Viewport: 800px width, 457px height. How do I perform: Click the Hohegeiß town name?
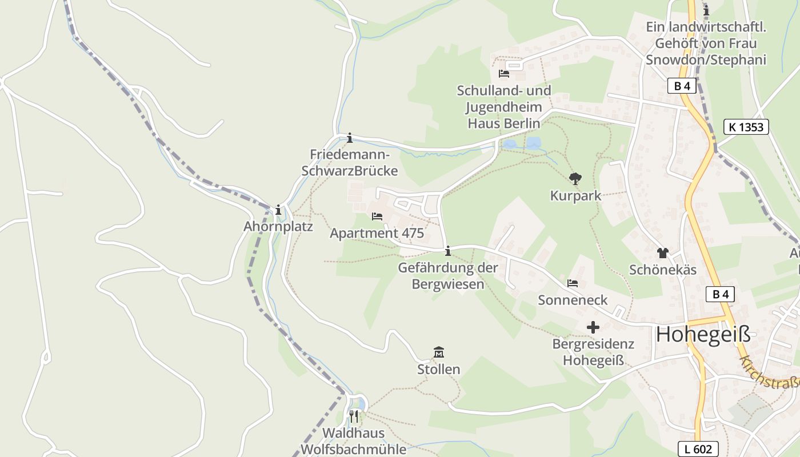point(703,335)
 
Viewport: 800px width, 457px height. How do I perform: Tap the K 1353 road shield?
point(746,127)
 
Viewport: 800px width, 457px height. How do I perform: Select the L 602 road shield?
point(698,449)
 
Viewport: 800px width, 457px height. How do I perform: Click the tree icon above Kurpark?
point(575,179)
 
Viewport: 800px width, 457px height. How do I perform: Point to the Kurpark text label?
point(575,196)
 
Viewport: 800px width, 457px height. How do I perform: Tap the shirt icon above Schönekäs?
point(662,252)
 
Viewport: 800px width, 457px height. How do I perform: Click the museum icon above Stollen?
point(439,352)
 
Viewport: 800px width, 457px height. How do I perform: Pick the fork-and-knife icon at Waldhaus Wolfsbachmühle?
point(354,416)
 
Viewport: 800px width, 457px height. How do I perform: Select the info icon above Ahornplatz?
point(278,210)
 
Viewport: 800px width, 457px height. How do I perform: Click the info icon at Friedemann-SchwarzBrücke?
point(350,138)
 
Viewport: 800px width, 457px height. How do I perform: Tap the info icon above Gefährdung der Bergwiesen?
point(448,250)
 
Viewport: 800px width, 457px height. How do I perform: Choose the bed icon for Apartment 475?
point(377,217)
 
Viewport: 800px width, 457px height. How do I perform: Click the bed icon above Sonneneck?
point(573,283)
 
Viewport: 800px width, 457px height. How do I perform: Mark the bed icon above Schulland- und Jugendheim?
point(504,74)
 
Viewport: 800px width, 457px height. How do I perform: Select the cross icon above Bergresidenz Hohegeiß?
point(593,327)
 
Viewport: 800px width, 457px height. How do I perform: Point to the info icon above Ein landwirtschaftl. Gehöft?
point(706,10)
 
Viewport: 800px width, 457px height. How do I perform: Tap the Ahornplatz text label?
point(278,226)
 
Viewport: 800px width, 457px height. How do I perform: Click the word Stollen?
point(439,370)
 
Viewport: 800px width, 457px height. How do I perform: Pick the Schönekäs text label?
point(663,270)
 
